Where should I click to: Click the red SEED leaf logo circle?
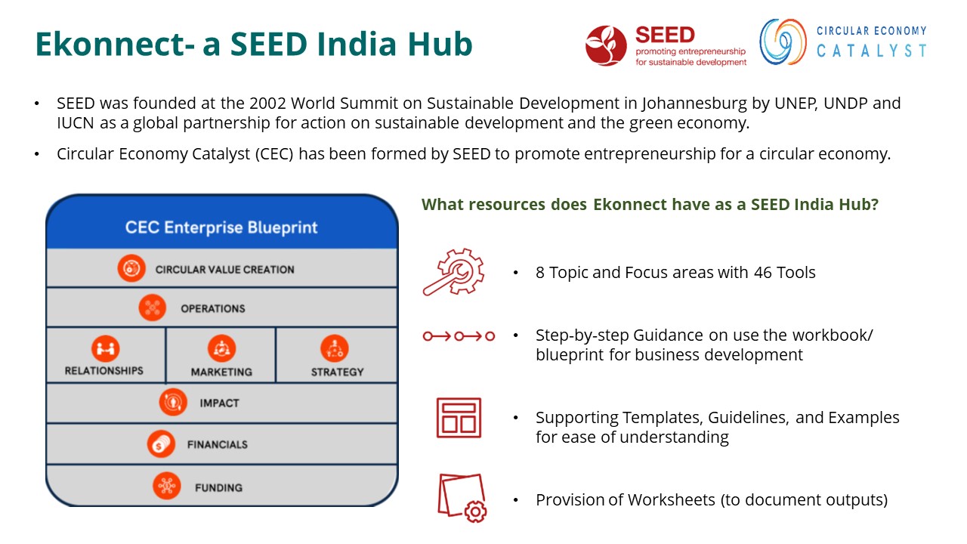(606, 45)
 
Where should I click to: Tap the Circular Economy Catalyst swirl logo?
(783, 42)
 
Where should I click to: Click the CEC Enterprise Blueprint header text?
(221, 227)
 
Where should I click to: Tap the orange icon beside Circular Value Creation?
(131, 268)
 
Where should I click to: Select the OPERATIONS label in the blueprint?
(213, 309)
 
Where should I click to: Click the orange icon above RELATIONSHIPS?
(105, 348)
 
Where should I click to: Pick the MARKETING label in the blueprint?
(221, 372)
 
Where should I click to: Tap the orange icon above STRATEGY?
(334, 348)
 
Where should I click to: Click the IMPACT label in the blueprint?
(219, 403)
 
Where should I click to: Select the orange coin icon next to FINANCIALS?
(161, 444)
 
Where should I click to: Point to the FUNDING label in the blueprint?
(218, 488)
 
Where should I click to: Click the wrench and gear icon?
(453, 272)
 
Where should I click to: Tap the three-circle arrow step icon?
(459, 336)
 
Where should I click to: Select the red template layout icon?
(459, 418)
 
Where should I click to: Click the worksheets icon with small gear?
(462, 498)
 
